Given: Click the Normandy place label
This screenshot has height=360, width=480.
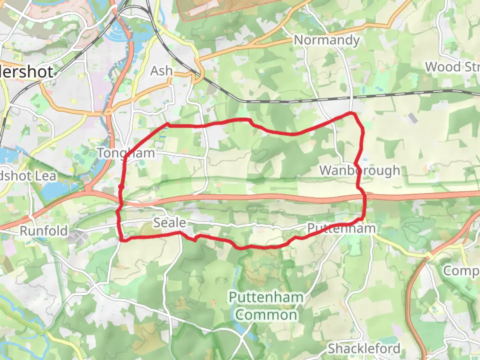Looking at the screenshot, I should click(327, 40).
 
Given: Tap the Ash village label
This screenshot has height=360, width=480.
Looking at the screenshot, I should click(162, 71).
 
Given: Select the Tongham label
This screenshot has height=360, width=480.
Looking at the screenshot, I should click(126, 153).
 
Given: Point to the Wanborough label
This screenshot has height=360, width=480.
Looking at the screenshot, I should click(360, 170).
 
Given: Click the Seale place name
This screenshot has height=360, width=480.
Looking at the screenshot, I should click(169, 222).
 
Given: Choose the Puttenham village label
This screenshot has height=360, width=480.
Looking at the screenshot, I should click(341, 228).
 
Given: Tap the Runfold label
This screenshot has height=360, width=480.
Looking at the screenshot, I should click(44, 231).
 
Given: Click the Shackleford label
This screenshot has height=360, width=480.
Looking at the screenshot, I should click(364, 348).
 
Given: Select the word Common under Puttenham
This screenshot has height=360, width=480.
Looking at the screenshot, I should click(266, 315).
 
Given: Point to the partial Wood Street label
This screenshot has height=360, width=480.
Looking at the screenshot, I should click(452, 67).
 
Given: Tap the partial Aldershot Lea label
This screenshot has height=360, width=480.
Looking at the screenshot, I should click(28, 176).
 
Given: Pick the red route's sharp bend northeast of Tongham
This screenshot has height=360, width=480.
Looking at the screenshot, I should click(168, 124).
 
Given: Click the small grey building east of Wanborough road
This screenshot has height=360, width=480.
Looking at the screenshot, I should click(412, 118).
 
